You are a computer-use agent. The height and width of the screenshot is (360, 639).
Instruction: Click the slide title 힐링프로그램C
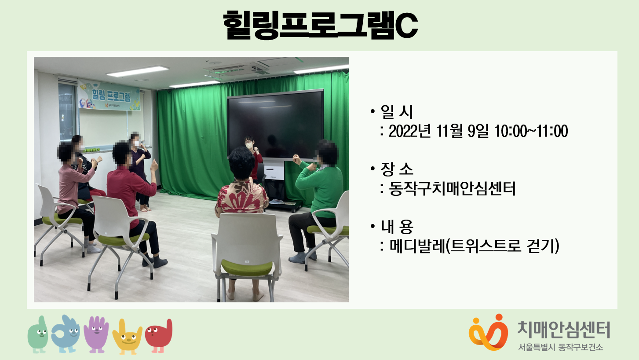(x=320, y=25)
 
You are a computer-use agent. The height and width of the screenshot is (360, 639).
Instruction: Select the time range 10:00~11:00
(x=531, y=131)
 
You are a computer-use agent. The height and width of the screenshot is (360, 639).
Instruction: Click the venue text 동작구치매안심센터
(x=452, y=188)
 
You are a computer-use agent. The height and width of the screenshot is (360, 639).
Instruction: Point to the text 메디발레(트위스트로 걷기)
(x=474, y=246)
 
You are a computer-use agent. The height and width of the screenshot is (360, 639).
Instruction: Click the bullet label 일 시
(x=397, y=112)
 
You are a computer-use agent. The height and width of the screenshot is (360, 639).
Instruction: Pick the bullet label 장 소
(x=397, y=169)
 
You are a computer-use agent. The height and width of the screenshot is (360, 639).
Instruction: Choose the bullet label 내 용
(x=397, y=226)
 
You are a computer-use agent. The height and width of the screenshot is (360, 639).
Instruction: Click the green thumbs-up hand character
(x=38, y=334)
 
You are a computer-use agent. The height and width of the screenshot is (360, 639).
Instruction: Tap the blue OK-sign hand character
(x=66, y=334)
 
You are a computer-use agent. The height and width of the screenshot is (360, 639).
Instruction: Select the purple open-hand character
(x=96, y=334)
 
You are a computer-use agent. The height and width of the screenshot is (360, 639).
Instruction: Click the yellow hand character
(x=127, y=337)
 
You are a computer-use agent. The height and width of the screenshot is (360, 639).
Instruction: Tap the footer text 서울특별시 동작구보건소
(x=561, y=347)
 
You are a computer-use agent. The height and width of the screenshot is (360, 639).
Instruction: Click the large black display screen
(x=276, y=125)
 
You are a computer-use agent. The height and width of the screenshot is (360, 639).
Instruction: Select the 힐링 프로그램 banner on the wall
(x=109, y=95)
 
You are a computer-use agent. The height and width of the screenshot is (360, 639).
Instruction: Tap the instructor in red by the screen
(x=253, y=158)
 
